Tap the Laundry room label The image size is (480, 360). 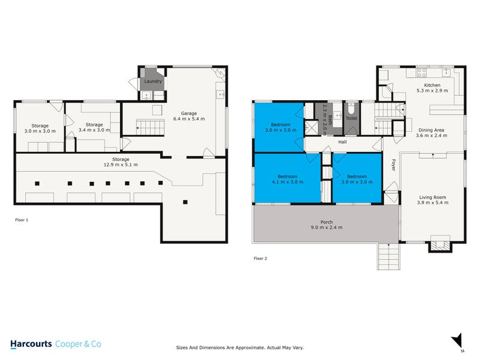coord(152,81)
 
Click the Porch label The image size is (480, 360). coord(326,223)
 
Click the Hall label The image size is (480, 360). coord(343,142)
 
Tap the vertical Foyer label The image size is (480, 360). coord(394,164)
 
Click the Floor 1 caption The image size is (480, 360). coord(22,220)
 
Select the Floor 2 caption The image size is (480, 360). coord(261,258)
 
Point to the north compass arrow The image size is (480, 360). coord(457,339)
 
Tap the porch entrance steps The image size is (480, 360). coord(388,256)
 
